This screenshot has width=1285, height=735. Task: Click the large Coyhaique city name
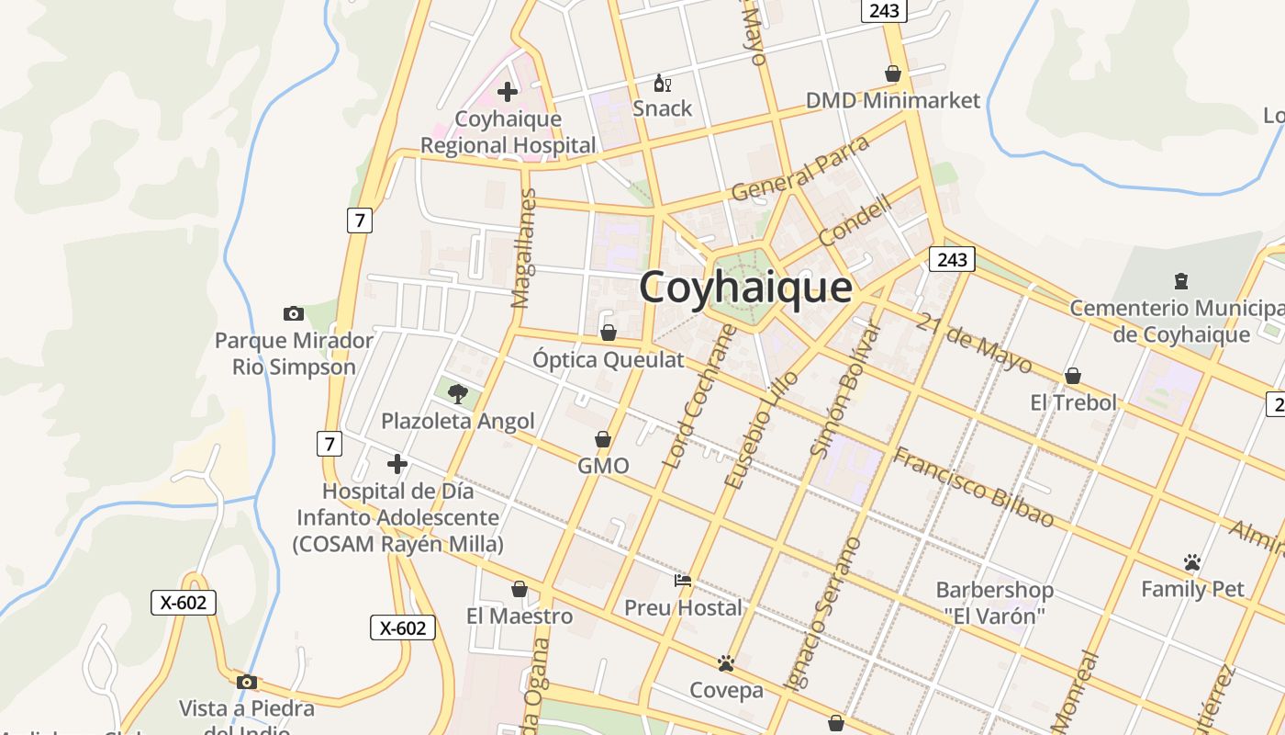(x=745, y=287)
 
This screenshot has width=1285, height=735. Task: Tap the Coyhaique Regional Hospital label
(x=508, y=132)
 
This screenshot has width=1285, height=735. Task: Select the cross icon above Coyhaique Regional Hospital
(x=507, y=92)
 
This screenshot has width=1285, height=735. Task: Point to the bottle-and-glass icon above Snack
(x=662, y=84)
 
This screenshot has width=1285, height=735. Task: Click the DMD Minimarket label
(x=892, y=100)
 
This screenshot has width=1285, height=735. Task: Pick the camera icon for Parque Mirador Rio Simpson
(x=294, y=313)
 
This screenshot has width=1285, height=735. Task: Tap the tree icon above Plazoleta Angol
(x=457, y=394)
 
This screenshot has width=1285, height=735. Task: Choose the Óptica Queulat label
(x=609, y=359)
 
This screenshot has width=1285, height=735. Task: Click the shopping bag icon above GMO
(x=603, y=440)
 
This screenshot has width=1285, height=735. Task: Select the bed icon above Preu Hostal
(x=683, y=581)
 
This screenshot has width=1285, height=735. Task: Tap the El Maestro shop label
(x=519, y=616)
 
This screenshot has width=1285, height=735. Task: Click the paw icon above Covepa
(x=726, y=662)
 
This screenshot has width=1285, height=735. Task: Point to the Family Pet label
(x=1191, y=589)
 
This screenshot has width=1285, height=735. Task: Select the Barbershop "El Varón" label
(x=994, y=603)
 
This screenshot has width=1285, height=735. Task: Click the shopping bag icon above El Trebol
(x=1072, y=376)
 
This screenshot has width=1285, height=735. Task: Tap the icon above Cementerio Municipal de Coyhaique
(x=1180, y=280)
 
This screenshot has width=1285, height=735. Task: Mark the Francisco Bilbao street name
(x=974, y=487)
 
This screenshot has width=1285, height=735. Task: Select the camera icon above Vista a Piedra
(x=246, y=682)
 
